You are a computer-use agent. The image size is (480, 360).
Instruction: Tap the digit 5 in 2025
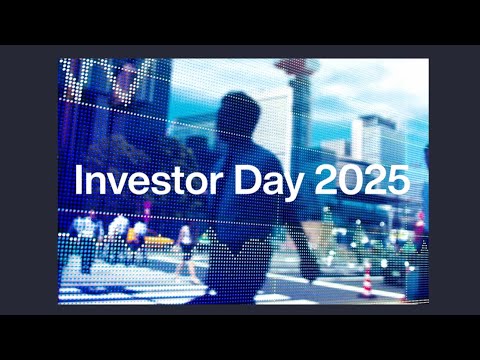[x=398, y=182]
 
